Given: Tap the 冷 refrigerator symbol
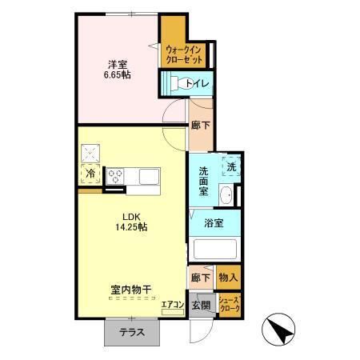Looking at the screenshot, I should coord(90,171).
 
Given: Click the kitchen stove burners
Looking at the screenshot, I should coord(115,174).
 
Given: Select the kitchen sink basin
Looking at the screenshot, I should coord(149,174).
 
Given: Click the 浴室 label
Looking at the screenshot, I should coord(213,223).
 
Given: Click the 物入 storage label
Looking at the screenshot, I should coord(228,277).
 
